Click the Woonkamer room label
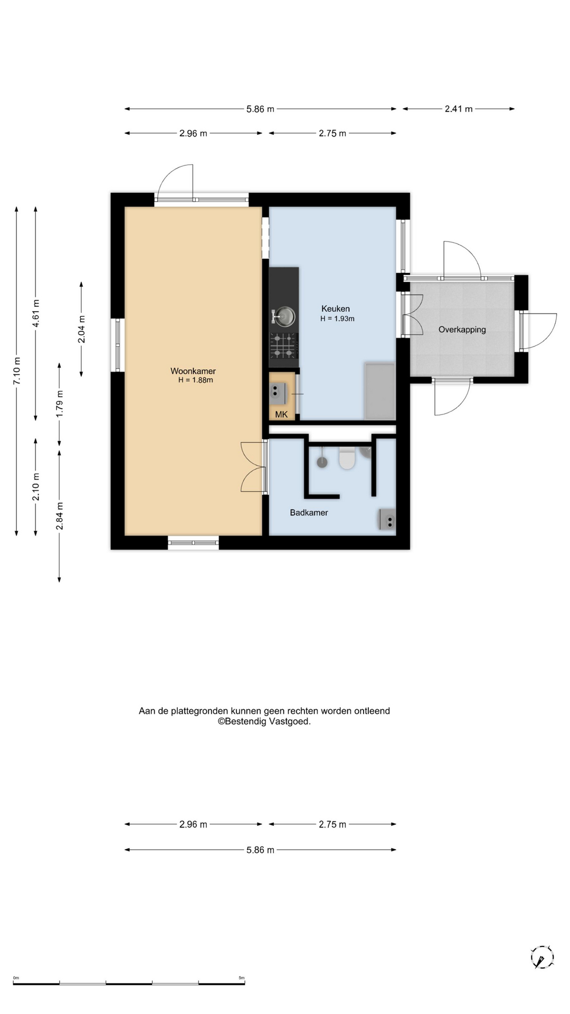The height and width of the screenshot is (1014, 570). point(193,371)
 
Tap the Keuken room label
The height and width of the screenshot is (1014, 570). point(336,308)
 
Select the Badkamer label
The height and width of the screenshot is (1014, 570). point(309,512)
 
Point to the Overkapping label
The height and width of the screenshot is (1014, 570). point(462,330)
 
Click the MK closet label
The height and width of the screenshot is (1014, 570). point(281,415)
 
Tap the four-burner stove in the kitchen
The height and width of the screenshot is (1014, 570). point(283,346)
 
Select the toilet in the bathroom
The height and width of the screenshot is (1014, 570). point(347,458)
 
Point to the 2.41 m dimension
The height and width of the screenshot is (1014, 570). point(459,109)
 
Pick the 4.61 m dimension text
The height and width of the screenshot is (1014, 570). point(36,313)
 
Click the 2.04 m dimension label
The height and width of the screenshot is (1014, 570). point(82,329)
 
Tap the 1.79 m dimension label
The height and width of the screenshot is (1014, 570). point(60,404)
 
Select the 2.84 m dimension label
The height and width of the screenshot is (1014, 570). point(60,516)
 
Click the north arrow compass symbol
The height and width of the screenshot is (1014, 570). point(542,957)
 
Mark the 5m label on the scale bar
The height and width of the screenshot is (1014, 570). point(242,978)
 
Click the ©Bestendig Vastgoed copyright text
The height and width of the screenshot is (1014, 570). point(264,721)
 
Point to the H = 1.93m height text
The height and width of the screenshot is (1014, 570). point(337,318)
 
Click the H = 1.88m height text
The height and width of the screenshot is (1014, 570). point(196,380)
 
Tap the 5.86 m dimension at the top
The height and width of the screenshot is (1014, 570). point(260,109)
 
